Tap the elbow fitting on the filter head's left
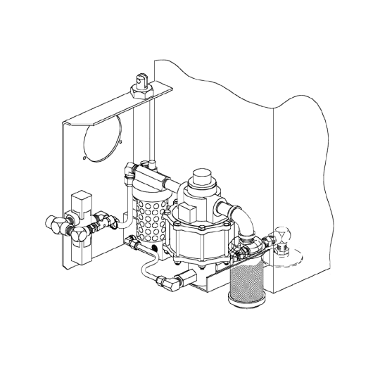click(x=127, y=170)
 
